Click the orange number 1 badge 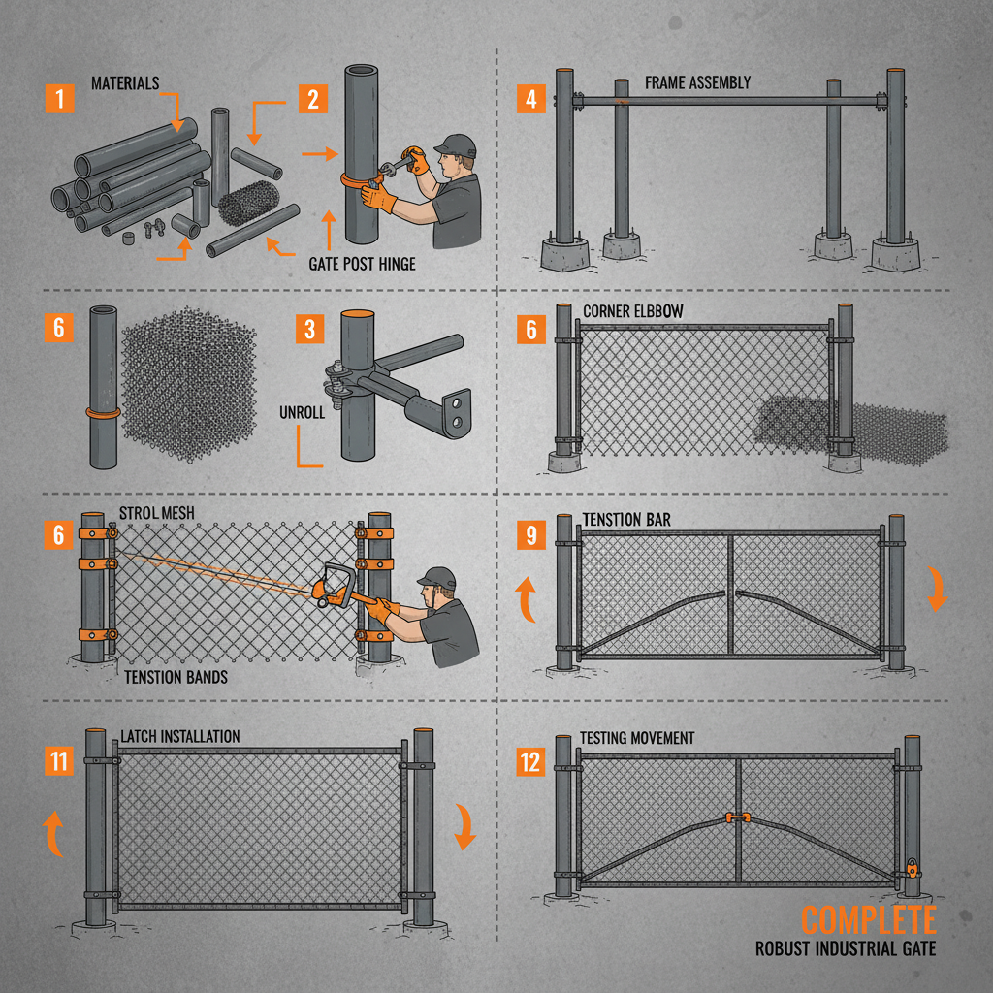60,98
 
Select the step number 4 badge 530,98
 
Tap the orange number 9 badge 530,533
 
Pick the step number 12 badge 530,759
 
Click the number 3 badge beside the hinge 309,329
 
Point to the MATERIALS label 125,83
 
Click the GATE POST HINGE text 362,264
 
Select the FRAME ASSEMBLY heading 697,82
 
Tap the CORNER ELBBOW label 634,311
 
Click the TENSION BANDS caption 176,676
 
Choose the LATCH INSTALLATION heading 179,737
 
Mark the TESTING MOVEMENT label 637,738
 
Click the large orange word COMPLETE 868,919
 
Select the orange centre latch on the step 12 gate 739,818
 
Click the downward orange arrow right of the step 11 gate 465,827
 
